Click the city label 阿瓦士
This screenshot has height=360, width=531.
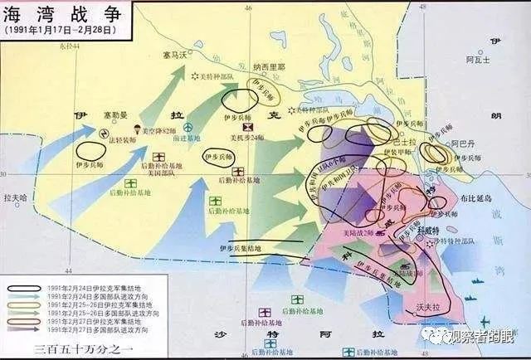pos(478,60)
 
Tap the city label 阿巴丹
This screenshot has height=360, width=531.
pos(465,144)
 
